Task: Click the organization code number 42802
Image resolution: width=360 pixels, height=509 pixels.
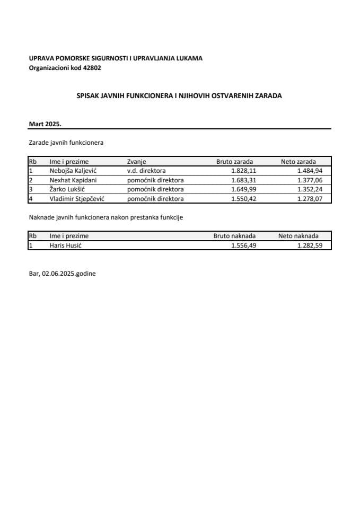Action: tap(92, 68)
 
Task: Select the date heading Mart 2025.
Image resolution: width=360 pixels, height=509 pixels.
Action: tap(46, 124)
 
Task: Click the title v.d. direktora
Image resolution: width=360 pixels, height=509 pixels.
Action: tap(147, 171)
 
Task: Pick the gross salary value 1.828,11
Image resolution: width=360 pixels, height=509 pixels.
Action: tap(242, 171)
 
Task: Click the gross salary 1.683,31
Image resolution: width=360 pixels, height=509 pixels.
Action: tap(242, 180)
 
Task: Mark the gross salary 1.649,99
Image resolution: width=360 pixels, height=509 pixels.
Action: tap(242, 189)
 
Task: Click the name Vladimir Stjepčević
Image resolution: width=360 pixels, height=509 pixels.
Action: tap(76, 199)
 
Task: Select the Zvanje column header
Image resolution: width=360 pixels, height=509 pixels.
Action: tap(136, 161)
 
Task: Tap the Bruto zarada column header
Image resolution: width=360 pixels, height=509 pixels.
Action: tap(234, 161)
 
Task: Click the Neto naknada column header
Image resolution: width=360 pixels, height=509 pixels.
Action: tap(298, 236)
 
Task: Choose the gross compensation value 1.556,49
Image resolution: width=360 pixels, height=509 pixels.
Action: tap(244, 245)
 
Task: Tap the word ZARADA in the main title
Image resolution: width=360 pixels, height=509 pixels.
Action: tap(267, 96)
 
